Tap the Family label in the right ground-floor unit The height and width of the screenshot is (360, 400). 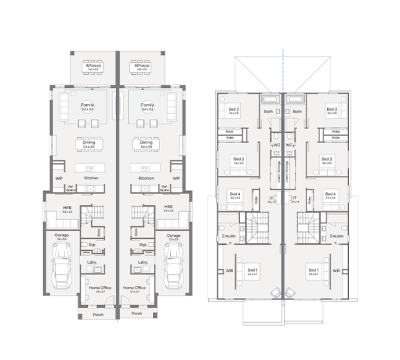tap(147, 104)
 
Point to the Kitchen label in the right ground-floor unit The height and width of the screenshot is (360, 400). tap(146, 179)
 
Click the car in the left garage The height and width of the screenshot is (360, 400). tap(61, 267)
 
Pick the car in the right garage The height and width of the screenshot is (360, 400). tap(176, 267)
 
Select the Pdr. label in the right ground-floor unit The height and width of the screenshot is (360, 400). tap(143, 244)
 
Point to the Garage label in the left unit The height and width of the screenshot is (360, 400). tap(61, 237)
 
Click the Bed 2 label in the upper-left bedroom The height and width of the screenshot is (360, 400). tap(234, 110)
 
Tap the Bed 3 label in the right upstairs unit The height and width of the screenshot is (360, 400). tap(326, 158)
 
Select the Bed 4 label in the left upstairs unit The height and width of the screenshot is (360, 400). tap(234, 194)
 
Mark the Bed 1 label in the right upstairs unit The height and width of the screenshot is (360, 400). tap(313, 270)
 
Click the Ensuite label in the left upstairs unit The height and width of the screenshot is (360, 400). tap(229, 236)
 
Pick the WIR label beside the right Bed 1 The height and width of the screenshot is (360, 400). tap(335, 270)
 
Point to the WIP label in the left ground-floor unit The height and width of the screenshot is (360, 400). tap(59, 179)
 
